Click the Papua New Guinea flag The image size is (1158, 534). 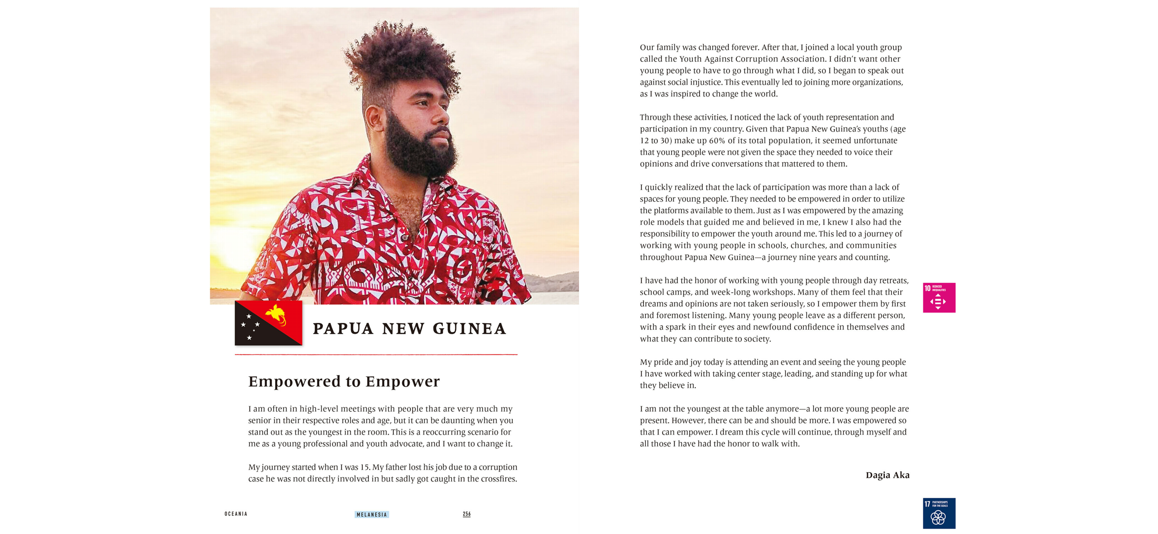point(268,323)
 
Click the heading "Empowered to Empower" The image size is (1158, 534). point(344,381)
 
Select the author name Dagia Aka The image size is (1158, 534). point(887,475)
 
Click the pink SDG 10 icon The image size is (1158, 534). point(939,298)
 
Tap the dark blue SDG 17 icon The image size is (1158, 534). point(939,513)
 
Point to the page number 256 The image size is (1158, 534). point(467,514)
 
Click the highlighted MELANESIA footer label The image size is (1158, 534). point(372,515)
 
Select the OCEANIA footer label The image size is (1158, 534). point(236,514)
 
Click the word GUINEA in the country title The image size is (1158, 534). point(470,329)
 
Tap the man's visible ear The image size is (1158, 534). point(375,119)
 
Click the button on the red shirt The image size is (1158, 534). point(405,238)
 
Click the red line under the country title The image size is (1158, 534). point(376,355)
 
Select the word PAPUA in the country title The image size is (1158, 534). point(343,329)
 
